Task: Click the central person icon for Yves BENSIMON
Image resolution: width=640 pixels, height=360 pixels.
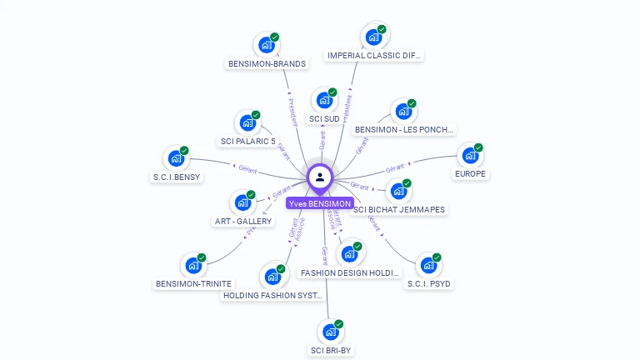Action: pos(320,177)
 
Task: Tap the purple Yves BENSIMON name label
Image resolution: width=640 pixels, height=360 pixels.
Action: pos(320,203)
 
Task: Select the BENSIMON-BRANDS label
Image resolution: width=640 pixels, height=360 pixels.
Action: pos(267,63)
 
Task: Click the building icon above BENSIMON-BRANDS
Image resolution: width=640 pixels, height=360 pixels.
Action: pos(267,45)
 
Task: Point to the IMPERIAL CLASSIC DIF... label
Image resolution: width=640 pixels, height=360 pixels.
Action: pos(374,56)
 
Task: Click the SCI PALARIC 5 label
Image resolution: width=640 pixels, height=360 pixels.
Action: pos(247,142)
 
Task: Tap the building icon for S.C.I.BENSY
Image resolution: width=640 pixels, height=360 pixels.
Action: pos(176,158)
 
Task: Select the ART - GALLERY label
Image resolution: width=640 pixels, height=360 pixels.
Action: pos(243,222)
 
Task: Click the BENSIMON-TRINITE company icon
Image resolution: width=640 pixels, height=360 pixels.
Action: pos(193,266)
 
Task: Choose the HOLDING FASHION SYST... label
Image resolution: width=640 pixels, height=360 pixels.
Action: pos(272,295)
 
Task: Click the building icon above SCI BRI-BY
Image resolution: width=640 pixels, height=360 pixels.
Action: pos(331,332)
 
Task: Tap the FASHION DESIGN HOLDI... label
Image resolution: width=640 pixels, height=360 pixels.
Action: pos(350,272)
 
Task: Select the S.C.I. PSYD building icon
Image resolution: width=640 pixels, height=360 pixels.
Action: pos(428,265)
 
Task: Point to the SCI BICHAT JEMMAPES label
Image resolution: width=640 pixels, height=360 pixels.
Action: pos(399,210)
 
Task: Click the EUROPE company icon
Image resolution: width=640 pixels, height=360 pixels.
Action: pos(470,156)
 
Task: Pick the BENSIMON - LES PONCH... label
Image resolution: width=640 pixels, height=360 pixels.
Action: pos(405,130)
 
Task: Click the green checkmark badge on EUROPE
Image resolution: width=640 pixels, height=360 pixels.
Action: pos(478,147)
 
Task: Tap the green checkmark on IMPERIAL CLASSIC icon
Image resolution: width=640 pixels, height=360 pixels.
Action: pos(382,29)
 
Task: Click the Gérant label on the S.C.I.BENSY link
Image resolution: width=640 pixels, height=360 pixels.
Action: pos(247,168)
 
